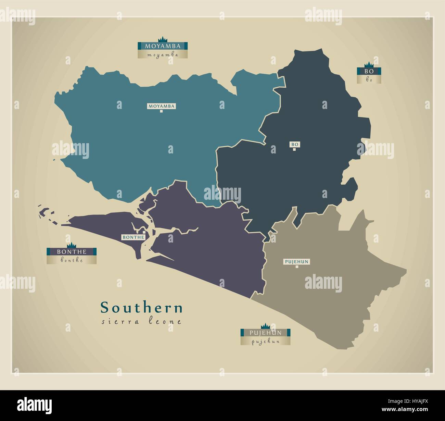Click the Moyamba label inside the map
[161, 106]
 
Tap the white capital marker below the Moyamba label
[161, 111]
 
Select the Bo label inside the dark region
[294, 145]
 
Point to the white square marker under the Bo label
[294, 149]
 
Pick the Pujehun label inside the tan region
[297, 262]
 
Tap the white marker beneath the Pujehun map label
[297, 267]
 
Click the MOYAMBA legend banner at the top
[163, 46]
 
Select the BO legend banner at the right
[369, 71]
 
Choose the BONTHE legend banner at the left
[72, 251]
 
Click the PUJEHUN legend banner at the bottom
[265, 332]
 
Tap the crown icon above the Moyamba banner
[162, 39]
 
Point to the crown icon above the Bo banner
[369, 64]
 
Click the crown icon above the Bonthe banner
[72, 245]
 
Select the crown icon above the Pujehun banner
[265, 325]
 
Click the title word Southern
[142, 308]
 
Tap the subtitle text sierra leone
[142, 322]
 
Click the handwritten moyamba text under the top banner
[163, 54]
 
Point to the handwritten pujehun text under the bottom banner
[265, 341]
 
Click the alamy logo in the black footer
[35, 405]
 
